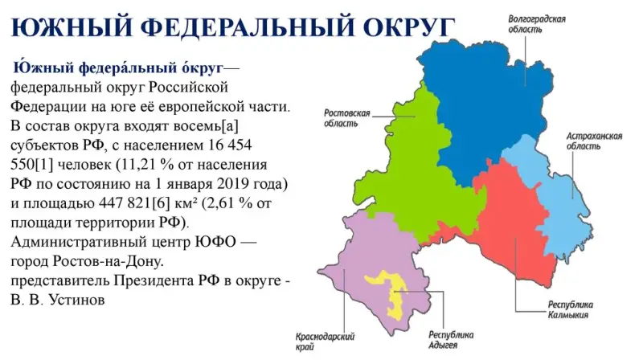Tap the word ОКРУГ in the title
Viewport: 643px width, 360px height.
[409, 27]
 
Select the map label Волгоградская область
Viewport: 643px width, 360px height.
[537, 24]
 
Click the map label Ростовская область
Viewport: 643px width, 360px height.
[347, 118]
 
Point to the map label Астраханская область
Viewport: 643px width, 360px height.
[594, 141]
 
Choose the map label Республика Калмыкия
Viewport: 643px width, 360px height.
[571, 310]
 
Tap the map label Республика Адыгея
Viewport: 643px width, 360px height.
[451, 340]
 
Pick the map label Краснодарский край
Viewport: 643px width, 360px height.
[325, 342]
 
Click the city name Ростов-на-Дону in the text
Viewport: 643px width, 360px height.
[109, 261]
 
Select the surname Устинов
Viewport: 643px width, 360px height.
[76, 299]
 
